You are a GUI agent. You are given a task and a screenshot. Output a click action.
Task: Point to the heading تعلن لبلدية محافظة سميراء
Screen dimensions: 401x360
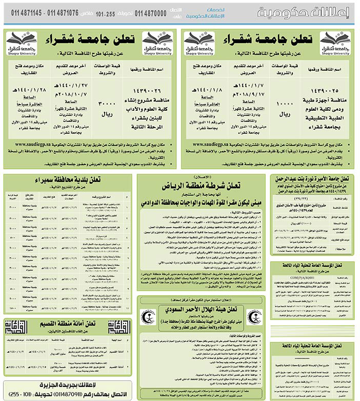pyautogui.click(x=68, y=180)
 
